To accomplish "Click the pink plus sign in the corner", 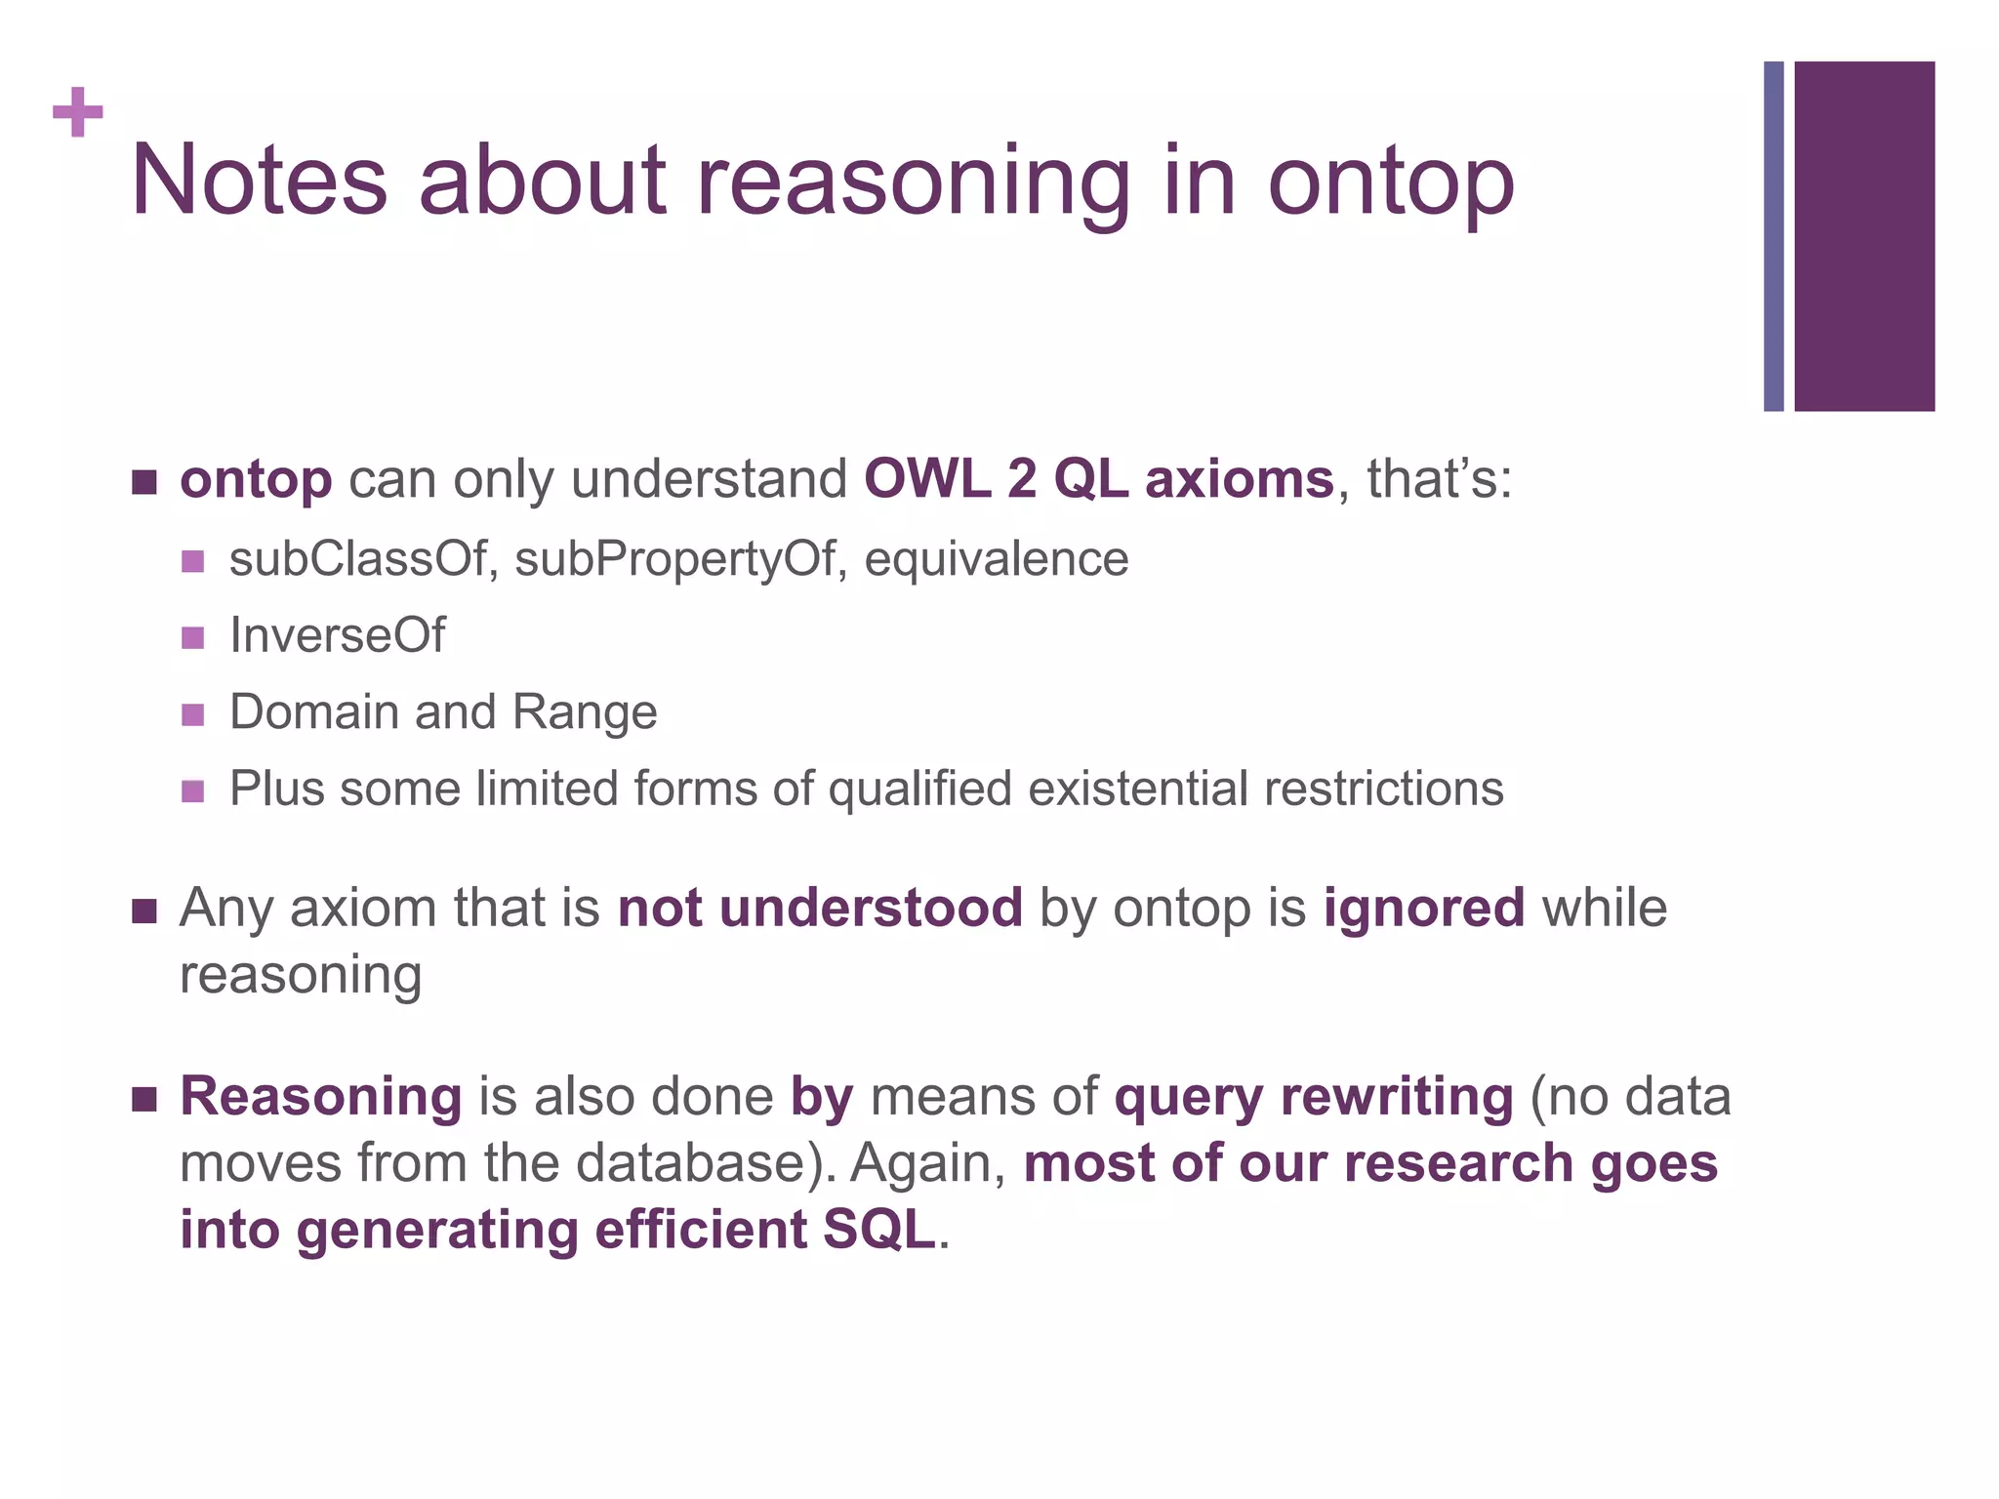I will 77,112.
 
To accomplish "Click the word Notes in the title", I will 259,181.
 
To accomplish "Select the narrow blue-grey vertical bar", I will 1774,236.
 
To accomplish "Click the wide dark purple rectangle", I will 1864,236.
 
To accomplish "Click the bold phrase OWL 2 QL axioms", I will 1098,479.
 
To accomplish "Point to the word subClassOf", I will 357,559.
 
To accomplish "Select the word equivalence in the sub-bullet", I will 996,559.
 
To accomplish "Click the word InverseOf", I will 337,635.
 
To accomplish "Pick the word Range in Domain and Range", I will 585,711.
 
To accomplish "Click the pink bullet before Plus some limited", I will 193,790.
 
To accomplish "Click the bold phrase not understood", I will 820,908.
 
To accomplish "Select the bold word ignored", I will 1423,908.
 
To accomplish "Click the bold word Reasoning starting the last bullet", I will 320,1096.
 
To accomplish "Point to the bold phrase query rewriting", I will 1313,1096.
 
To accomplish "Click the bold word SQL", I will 878,1229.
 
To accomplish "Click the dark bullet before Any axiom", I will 144,912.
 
